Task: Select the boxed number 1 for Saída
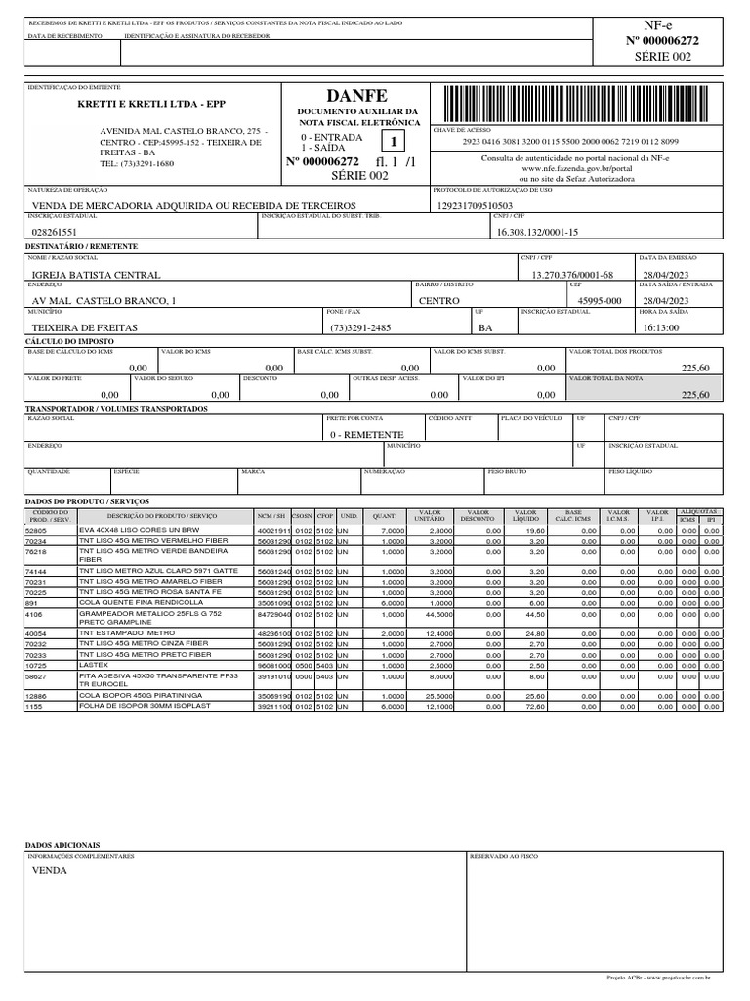(x=395, y=142)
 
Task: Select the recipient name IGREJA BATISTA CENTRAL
(x=96, y=276)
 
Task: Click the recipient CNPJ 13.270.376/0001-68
(x=571, y=276)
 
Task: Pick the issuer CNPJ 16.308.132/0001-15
(x=538, y=232)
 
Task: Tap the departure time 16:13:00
(x=666, y=327)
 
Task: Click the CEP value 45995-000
(x=600, y=301)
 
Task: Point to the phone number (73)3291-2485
(x=360, y=327)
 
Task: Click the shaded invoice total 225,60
(x=695, y=395)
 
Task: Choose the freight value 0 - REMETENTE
(x=366, y=434)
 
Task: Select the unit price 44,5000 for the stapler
(x=438, y=615)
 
